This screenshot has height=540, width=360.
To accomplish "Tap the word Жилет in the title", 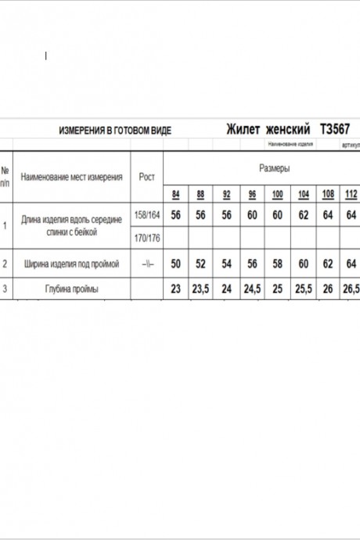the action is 243,129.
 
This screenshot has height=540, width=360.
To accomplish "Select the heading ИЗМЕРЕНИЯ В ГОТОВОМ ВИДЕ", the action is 115,130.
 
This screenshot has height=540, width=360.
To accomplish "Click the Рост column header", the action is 146,177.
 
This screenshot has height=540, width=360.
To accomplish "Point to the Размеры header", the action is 275,168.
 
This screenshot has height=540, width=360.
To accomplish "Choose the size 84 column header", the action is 175,193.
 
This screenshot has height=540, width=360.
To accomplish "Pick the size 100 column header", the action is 277,193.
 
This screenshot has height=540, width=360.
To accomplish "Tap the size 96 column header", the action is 252,193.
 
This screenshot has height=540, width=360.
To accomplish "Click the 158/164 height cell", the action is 147,214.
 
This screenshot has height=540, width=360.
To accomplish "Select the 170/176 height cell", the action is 147,237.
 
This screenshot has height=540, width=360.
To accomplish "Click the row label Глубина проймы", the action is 71,289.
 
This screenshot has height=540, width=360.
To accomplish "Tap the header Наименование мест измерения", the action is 71,177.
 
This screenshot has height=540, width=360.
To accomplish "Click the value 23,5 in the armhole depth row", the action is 200,289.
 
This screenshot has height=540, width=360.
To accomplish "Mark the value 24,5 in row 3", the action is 252,289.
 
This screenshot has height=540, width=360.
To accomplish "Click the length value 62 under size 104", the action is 303,214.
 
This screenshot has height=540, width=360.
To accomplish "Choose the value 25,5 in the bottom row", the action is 303,289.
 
